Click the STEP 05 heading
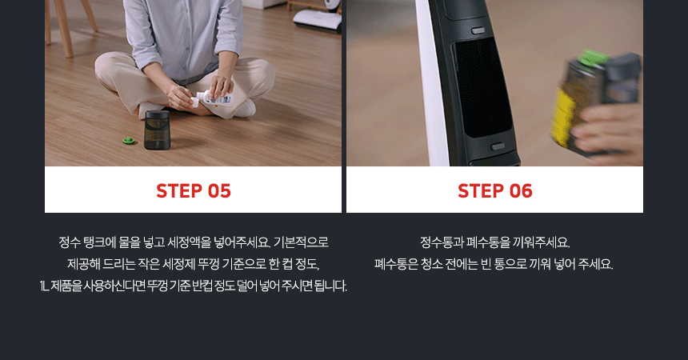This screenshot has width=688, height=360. (194, 191)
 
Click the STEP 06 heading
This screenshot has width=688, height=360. (495, 191)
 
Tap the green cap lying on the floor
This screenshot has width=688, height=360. (130, 141)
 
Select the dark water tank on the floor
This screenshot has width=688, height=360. (157, 130)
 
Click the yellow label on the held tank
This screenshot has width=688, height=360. (563, 113)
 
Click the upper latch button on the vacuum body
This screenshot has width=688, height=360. (478, 30)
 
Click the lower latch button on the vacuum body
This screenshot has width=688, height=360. (498, 146)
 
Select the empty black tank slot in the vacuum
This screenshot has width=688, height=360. (482, 88)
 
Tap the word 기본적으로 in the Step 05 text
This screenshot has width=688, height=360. (301, 242)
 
